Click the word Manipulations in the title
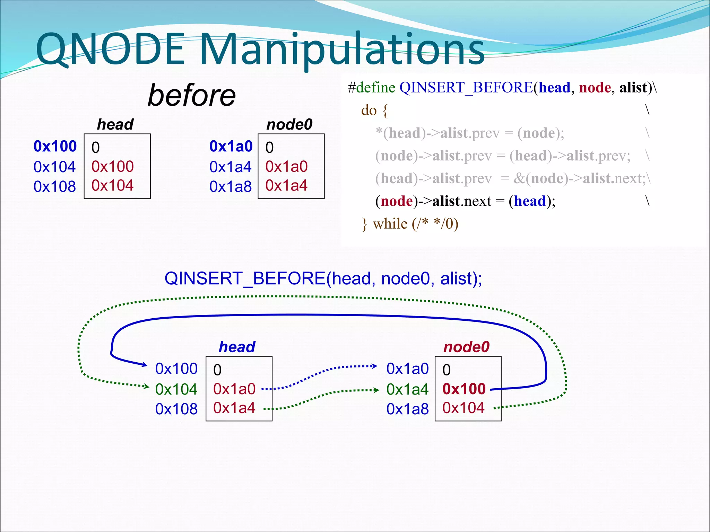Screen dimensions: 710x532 tap(341, 49)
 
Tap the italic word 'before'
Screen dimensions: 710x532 tap(192, 95)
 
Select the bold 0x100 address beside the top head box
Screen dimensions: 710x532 tap(55, 146)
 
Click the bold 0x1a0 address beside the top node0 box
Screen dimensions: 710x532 tap(231, 146)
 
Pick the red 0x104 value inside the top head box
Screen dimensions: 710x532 tap(112, 186)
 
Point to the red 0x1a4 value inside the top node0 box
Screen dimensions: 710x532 tap(286, 186)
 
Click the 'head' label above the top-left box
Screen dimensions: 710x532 tap(115, 124)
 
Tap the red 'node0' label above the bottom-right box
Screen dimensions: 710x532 tap(466, 347)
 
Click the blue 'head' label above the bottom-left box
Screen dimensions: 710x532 tap(237, 347)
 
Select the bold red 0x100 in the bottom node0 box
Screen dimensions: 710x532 tap(464, 389)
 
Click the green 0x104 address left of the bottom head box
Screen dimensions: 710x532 tap(176, 389)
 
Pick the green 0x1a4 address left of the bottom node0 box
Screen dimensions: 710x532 tap(407, 389)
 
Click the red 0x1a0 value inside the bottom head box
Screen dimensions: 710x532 tap(234, 389)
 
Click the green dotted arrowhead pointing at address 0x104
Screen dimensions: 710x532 tap(147, 386)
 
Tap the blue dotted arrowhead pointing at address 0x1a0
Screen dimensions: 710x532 tap(374, 366)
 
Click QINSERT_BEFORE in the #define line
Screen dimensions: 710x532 tap(466, 87)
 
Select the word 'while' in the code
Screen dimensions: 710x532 tap(390, 224)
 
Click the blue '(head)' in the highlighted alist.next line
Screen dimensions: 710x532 tap(529, 201)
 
